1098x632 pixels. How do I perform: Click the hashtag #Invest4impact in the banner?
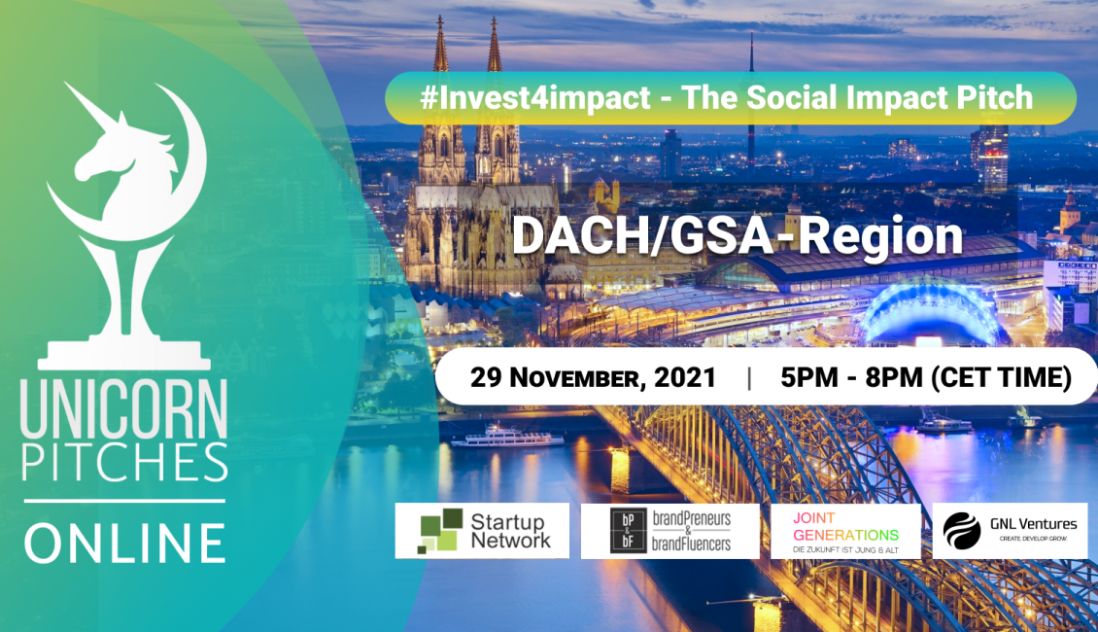point(535,97)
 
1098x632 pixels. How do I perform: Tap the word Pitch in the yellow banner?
point(995,97)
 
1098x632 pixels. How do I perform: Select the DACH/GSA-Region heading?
point(738,236)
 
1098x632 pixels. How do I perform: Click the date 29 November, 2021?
point(593,377)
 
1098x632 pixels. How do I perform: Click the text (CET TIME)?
point(1002,377)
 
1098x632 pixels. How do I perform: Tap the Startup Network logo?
point(482,531)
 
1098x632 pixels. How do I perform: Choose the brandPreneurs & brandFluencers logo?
point(670,531)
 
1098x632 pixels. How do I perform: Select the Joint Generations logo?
point(845,532)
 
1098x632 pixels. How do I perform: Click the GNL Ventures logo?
point(1010,531)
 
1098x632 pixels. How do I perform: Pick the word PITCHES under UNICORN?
point(124,463)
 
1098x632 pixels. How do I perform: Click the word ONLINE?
point(124,544)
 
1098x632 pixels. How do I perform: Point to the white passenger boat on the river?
point(507,436)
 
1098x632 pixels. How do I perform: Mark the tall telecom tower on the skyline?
point(751,105)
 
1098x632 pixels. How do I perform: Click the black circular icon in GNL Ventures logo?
point(962,531)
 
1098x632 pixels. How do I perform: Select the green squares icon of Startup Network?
point(440,531)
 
